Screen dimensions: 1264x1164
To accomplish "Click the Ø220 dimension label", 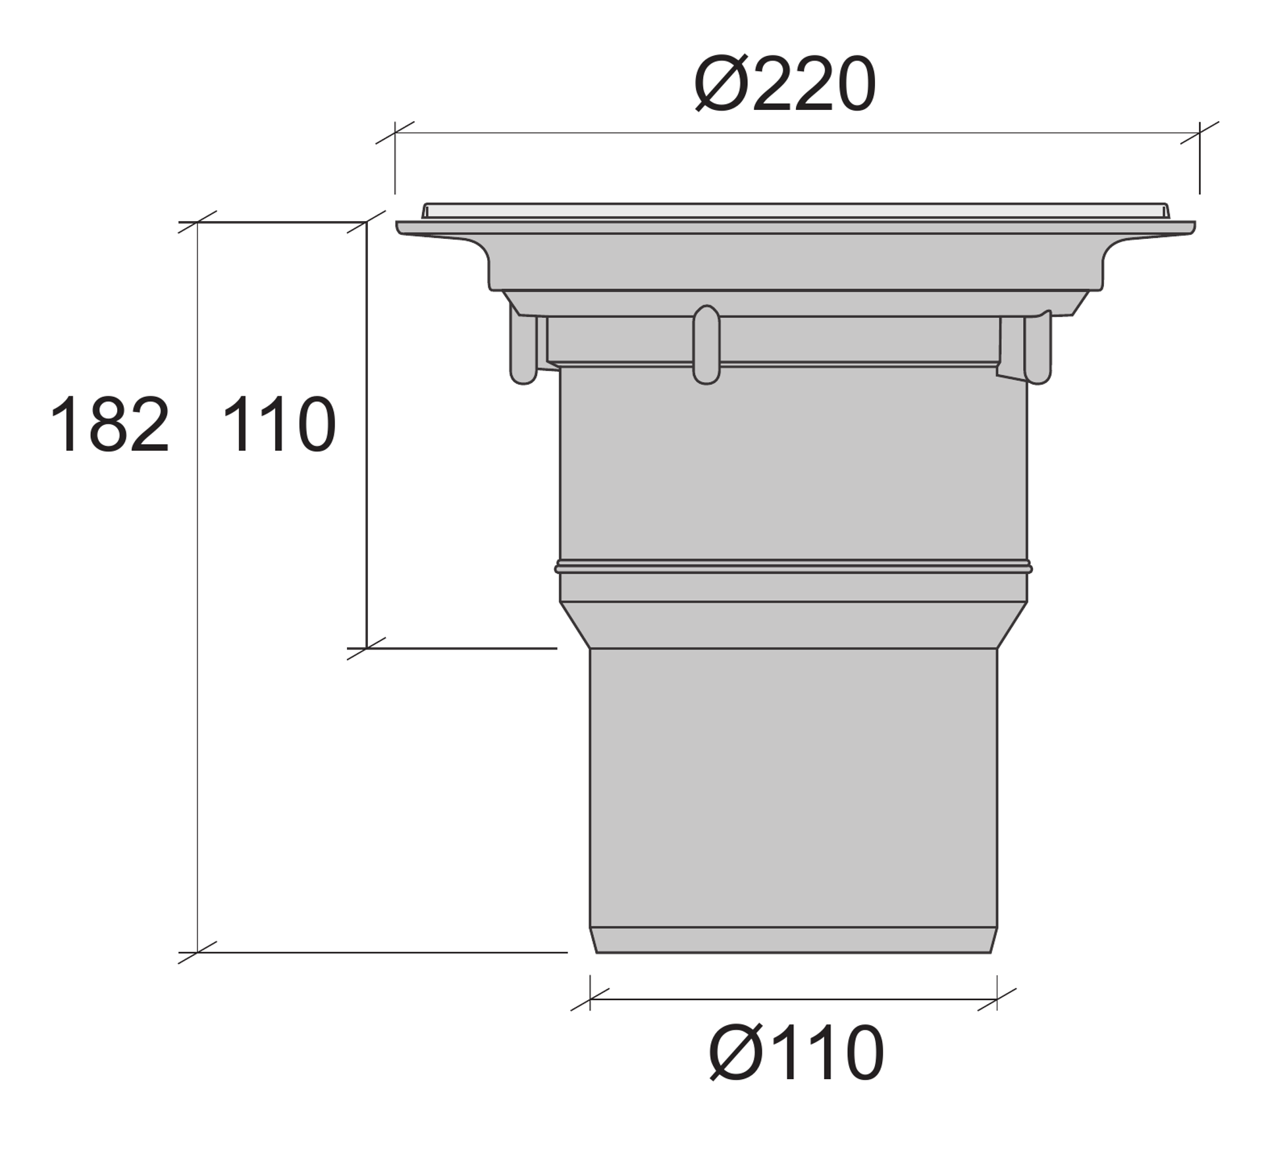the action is point(784,84).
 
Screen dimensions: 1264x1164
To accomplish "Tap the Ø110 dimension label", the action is point(796,1053).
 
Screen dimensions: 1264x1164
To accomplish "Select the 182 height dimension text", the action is point(109,424).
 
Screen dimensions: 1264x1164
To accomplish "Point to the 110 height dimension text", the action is point(279,424).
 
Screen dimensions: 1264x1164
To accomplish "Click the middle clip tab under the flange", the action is point(706,345).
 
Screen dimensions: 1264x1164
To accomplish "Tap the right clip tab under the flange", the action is point(1038,347).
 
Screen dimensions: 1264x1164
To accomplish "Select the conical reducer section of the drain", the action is point(793,625).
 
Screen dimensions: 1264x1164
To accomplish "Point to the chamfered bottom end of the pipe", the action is point(793,940).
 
